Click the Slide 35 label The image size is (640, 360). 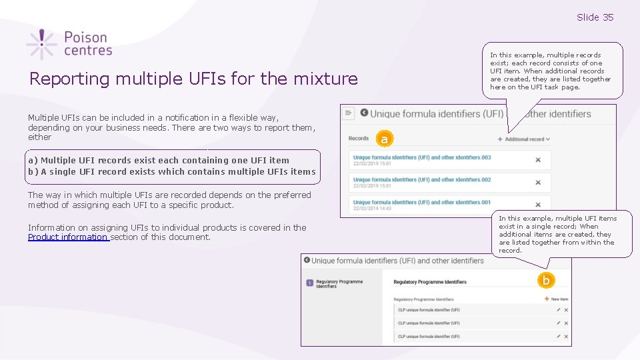(595, 17)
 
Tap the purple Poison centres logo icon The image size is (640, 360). (41, 44)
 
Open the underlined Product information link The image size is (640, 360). (68, 237)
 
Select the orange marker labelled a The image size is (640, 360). (383, 139)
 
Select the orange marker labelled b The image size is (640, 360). (546, 281)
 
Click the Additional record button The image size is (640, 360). (524, 139)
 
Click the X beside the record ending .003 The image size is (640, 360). (538, 160)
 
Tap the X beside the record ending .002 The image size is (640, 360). (538, 183)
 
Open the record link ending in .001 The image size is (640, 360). (421, 203)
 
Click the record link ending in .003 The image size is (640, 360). (421, 157)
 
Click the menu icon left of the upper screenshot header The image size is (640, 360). (349, 114)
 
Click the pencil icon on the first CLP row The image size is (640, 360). (558, 310)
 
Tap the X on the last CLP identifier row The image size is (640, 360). (566, 337)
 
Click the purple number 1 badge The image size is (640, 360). (309, 283)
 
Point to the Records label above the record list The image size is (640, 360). (359, 139)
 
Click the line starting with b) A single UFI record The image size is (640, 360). (172, 172)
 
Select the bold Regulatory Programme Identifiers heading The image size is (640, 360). (430, 283)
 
